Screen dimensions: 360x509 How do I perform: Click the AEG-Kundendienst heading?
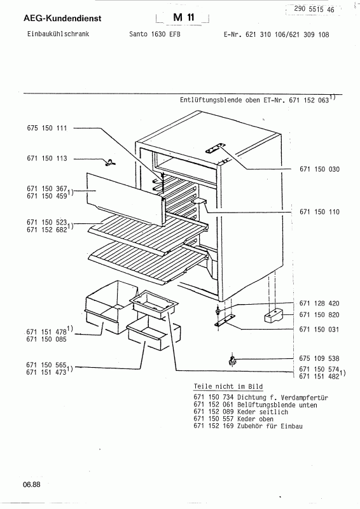(62, 18)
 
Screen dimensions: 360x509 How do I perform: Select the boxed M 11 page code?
(183, 17)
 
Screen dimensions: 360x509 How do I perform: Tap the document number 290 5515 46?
(314, 9)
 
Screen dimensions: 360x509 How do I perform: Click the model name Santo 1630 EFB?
(155, 34)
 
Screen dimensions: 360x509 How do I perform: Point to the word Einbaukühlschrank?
(58, 34)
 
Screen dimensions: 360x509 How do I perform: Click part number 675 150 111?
(46, 128)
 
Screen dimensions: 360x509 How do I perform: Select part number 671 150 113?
(46, 158)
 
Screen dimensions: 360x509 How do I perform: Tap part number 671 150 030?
(319, 169)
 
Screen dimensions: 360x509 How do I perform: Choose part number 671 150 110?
(319, 212)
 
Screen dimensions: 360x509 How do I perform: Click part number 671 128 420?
(319, 303)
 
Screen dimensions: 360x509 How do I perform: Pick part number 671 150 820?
(319, 314)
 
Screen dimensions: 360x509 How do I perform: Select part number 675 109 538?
(319, 358)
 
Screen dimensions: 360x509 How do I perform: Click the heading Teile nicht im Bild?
(228, 386)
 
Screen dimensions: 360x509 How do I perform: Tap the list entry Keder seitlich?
(263, 412)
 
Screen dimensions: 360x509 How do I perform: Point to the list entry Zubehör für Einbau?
(270, 426)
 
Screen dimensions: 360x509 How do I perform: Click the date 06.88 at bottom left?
(32, 485)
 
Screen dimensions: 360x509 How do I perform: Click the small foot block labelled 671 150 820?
(273, 315)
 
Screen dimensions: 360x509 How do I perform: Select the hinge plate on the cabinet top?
(215, 148)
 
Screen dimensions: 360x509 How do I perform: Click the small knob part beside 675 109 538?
(232, 360)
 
